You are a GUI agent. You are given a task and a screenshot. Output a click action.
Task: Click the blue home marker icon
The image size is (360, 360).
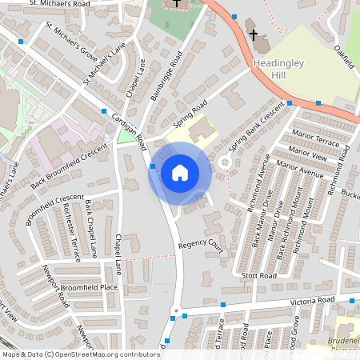tap(180, 172)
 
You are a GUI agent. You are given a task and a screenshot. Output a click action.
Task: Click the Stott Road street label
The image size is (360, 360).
tap(259, 275)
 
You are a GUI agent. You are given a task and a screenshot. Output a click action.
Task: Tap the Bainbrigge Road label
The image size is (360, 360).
tap(166, 77)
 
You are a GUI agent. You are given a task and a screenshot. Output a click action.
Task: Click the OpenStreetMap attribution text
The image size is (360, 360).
tap(81, 354)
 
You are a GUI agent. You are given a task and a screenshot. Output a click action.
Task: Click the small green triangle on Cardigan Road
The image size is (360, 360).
tap(125, 138)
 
